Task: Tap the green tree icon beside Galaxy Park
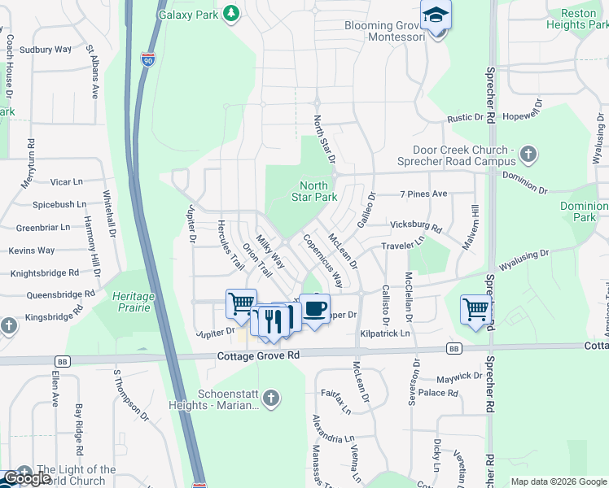[x=231, y=13]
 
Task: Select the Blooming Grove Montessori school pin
[x=436, y=16]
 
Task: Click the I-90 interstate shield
[x=147, y=59]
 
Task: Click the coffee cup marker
[x=315, y=308]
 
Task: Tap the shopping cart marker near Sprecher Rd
[x=475, y=309]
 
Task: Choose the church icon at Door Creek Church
[x=528, y=152]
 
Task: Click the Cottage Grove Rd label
[x=259, y=355]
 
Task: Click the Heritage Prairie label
[x=132, y=302]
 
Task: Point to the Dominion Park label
[x=584, y=211]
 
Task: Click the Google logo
[x=26, y=478]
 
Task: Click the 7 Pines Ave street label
[x=423, y=194]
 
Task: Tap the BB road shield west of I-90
[x=63, y=361]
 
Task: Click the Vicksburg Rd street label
[x=415, y=226]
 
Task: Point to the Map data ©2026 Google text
[x=558, y=481]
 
